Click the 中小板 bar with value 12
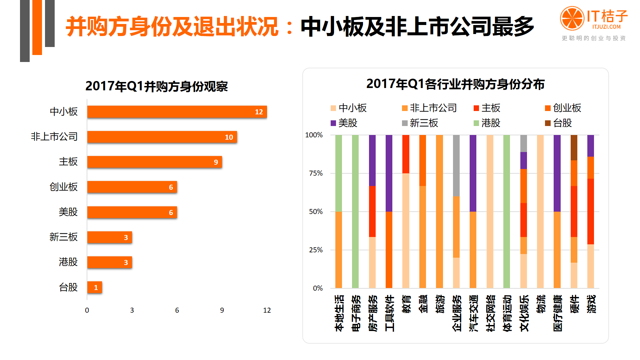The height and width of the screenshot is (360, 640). click(177, 112)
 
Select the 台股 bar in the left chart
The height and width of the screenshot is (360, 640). click(94, 287)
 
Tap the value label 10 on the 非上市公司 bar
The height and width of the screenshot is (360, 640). click(229, 137)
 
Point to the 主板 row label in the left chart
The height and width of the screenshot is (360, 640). click(68, 162)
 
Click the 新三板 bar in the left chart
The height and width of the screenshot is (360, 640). click(109, 237)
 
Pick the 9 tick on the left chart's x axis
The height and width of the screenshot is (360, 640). click(222, 310)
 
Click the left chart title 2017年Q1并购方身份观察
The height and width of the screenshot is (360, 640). click(156, 86)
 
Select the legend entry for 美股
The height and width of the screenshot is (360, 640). click(344, 123)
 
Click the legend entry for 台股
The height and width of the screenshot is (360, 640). click(559, 123)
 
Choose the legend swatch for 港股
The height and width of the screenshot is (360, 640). click(476, 123)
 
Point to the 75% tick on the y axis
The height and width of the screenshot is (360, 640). click(316, 173)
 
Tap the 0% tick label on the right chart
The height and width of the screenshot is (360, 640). click(318, 288)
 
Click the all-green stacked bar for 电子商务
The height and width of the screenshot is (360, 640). click(355, 211)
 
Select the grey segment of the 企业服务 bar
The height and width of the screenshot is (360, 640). click(456, 166)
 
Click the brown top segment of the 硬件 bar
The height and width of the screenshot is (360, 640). click(574, 148)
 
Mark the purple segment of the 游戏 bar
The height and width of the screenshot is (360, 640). click(591, 146)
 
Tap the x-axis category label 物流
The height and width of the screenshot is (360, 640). click(541, 304)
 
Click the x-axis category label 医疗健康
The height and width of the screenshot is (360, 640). click(558, 313)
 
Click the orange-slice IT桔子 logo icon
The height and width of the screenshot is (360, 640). click(572, 18)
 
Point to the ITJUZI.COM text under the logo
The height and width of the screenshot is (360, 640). click(606, 27)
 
